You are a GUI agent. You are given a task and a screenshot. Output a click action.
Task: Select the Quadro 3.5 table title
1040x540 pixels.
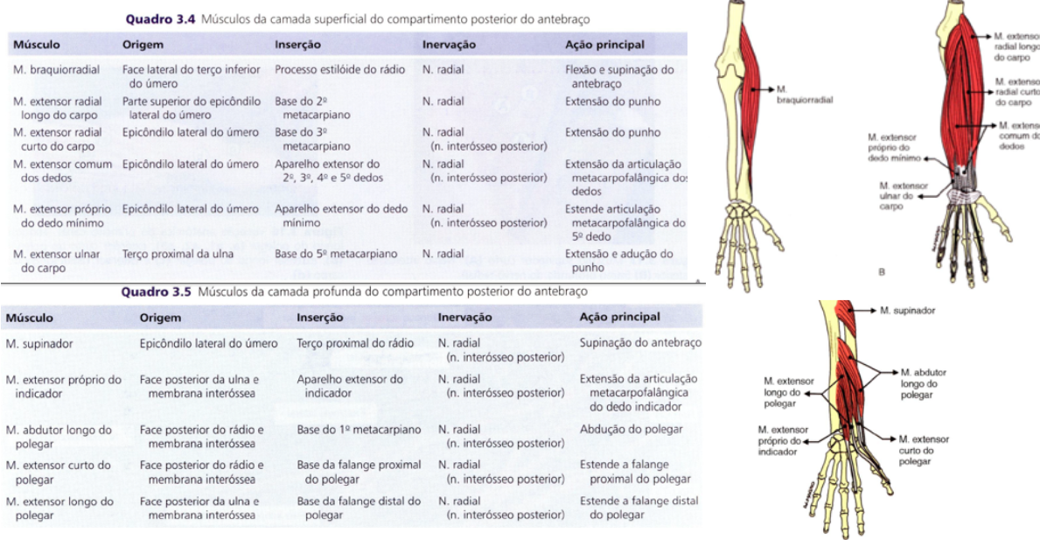354,291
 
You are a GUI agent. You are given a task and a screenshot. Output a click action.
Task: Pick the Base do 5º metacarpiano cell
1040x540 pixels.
336,254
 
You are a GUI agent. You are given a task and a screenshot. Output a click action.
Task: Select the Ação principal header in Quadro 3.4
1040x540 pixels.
605,44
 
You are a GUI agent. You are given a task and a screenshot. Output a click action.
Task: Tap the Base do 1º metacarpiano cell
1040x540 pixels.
359,430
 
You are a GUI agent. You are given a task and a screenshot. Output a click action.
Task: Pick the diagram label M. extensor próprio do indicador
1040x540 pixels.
783,441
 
